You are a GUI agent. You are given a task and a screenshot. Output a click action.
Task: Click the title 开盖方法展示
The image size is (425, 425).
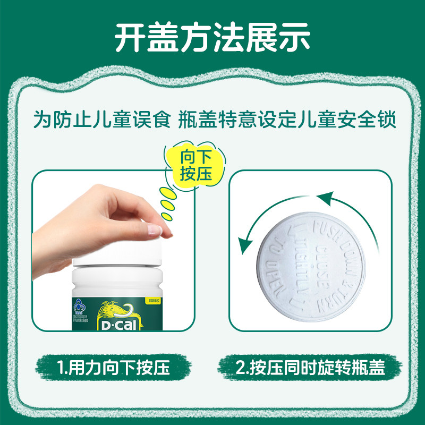(212, 37)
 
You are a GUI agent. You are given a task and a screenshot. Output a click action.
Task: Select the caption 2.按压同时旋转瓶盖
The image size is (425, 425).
(311, 368)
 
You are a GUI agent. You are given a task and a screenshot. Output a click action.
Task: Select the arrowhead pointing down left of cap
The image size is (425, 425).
(245, 246)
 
